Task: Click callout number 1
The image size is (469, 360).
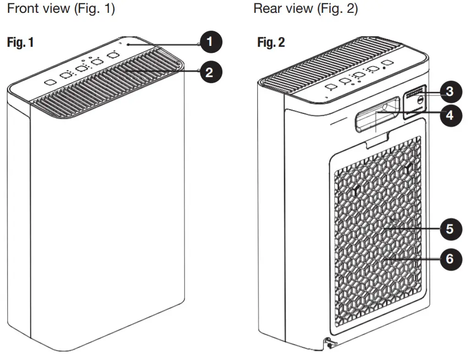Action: click(x=210, y=42)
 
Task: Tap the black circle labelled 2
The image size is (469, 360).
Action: click(x=210, y=72)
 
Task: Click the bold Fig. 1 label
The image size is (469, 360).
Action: click(x=20, y=43)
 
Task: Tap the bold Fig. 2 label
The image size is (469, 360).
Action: click(x=271, y=43)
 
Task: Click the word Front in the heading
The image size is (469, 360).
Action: click(x=22, y=9)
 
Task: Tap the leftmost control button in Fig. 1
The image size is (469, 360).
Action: click(x=50, y=83)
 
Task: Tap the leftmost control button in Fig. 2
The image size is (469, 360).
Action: click(x=329, y=87)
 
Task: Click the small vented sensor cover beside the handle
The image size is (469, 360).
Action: click(x=415, y=104)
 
